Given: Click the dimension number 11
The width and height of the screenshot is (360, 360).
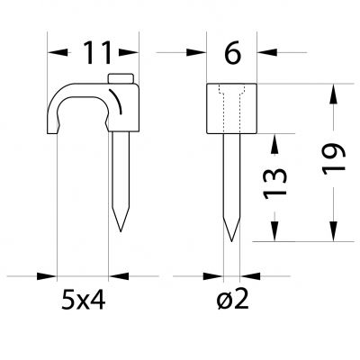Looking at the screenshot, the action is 97,53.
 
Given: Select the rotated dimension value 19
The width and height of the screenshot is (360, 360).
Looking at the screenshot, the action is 334,158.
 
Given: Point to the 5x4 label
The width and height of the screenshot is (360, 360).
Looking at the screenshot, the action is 83,300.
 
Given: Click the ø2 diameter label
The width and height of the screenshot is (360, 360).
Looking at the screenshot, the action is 232,300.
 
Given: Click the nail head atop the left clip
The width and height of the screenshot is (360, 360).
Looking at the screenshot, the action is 121,78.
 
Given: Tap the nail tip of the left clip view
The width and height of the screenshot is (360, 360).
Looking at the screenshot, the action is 121,231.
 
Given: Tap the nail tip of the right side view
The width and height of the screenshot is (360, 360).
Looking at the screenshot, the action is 231,241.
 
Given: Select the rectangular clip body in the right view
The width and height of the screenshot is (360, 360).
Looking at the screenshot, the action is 231,108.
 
